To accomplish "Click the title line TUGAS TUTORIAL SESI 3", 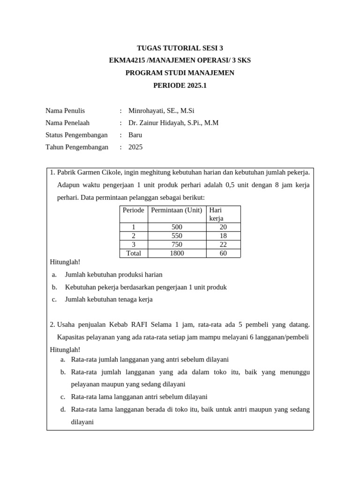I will (x=180, y=48).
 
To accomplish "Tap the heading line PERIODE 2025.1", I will (x=180, y=85).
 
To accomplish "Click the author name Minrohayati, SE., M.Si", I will (x=161, y=111).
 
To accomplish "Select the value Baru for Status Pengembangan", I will (x=135, y=135).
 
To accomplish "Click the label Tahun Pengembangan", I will (x=77, y=147).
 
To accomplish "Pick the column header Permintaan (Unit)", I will (x=177, y=210).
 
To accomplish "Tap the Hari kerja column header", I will (x=217, y=214).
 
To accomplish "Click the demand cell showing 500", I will (x=177, y=227).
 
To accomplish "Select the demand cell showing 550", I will (x=177, y=236).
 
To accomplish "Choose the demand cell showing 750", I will (x=177, y=245).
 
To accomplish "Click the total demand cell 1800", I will (x=177, y=253).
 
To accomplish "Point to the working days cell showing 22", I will (x=223, y=245).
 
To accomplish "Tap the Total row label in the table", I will (x=134, y=253).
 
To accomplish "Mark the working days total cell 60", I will (x=223, y=253).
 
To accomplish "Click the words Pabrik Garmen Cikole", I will (x=93, y=172).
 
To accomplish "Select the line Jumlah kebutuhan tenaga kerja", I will (x=109, y=299).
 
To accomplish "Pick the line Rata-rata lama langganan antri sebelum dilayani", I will (x=139, y=397).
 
